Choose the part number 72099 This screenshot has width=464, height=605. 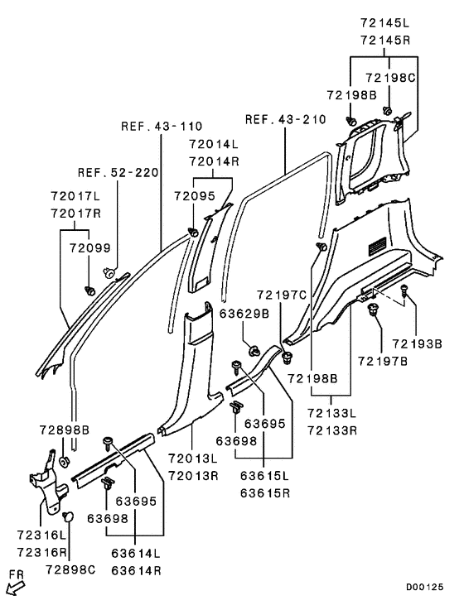pos(88,248)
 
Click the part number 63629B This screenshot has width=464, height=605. pos(244,314)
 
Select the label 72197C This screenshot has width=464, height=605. pos(282,295)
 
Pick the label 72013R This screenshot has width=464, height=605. pos(194,476)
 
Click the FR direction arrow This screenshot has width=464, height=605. pos(15,587)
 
